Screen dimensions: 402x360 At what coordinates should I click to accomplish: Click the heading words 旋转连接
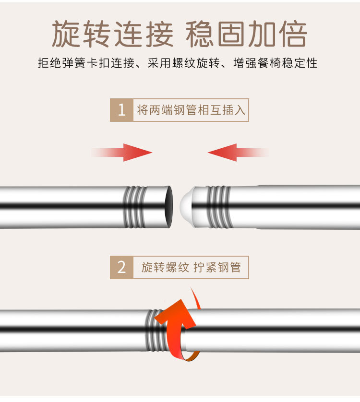(112, 34)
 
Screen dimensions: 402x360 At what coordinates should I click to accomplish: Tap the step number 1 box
(121, 110)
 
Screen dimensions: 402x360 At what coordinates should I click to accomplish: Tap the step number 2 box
(121, 267)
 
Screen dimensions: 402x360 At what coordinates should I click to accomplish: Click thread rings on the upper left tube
(135, 207)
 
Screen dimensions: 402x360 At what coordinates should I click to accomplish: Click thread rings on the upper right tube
(219, 207)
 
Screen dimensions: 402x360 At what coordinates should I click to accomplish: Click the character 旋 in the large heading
(66, 34)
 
